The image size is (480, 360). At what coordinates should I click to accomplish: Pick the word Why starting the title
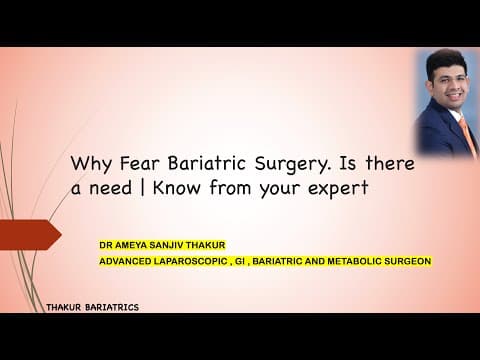(86, 162)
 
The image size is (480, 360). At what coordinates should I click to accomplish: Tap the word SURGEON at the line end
(409, 261)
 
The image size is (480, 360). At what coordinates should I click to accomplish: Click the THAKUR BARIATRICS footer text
(92, 307)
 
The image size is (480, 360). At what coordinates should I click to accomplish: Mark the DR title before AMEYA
(105, 243)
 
